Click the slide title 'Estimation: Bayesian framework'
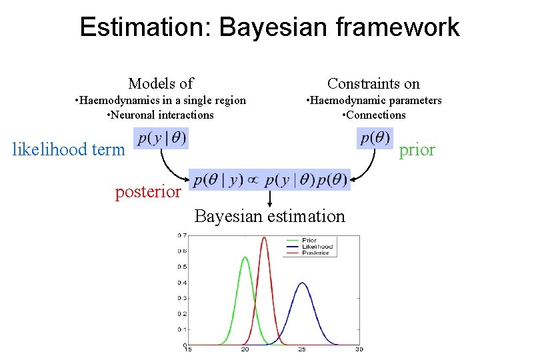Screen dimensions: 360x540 click(269, 27)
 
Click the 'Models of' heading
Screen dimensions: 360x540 click(161, 83)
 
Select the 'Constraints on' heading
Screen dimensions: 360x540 click(373, 83)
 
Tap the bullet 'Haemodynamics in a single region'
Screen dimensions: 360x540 click(161, 100)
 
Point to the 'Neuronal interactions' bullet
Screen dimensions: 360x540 click(161, 115)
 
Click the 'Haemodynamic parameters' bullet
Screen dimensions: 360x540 click(373, 100)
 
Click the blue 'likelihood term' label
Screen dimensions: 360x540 click(69, 149)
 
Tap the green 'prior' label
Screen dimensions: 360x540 click(417, 149)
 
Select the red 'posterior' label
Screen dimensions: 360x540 click(148, 192)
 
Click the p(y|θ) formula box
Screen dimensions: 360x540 click(161, 139)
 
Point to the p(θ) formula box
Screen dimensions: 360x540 click(375, 139)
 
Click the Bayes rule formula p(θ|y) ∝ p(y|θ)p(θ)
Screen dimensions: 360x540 click(269, 180)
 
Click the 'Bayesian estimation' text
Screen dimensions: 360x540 click(269, 216)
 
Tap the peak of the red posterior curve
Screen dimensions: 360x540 click(264, 237)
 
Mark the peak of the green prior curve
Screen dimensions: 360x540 click(245, 257)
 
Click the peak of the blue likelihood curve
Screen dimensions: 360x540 click(302, 283)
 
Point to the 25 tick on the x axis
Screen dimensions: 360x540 click(302, 350)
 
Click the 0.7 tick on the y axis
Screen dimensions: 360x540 click(181, 235)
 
